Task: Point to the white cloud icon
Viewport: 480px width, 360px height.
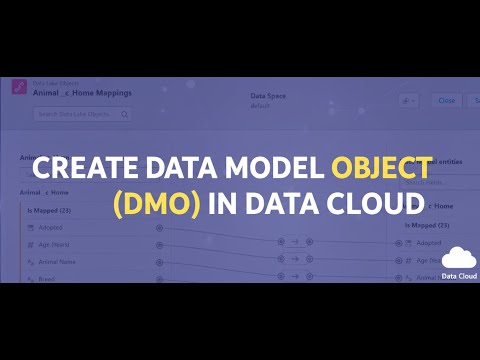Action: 458,258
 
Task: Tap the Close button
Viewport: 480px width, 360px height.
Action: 446,100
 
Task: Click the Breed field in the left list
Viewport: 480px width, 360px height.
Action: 47,278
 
